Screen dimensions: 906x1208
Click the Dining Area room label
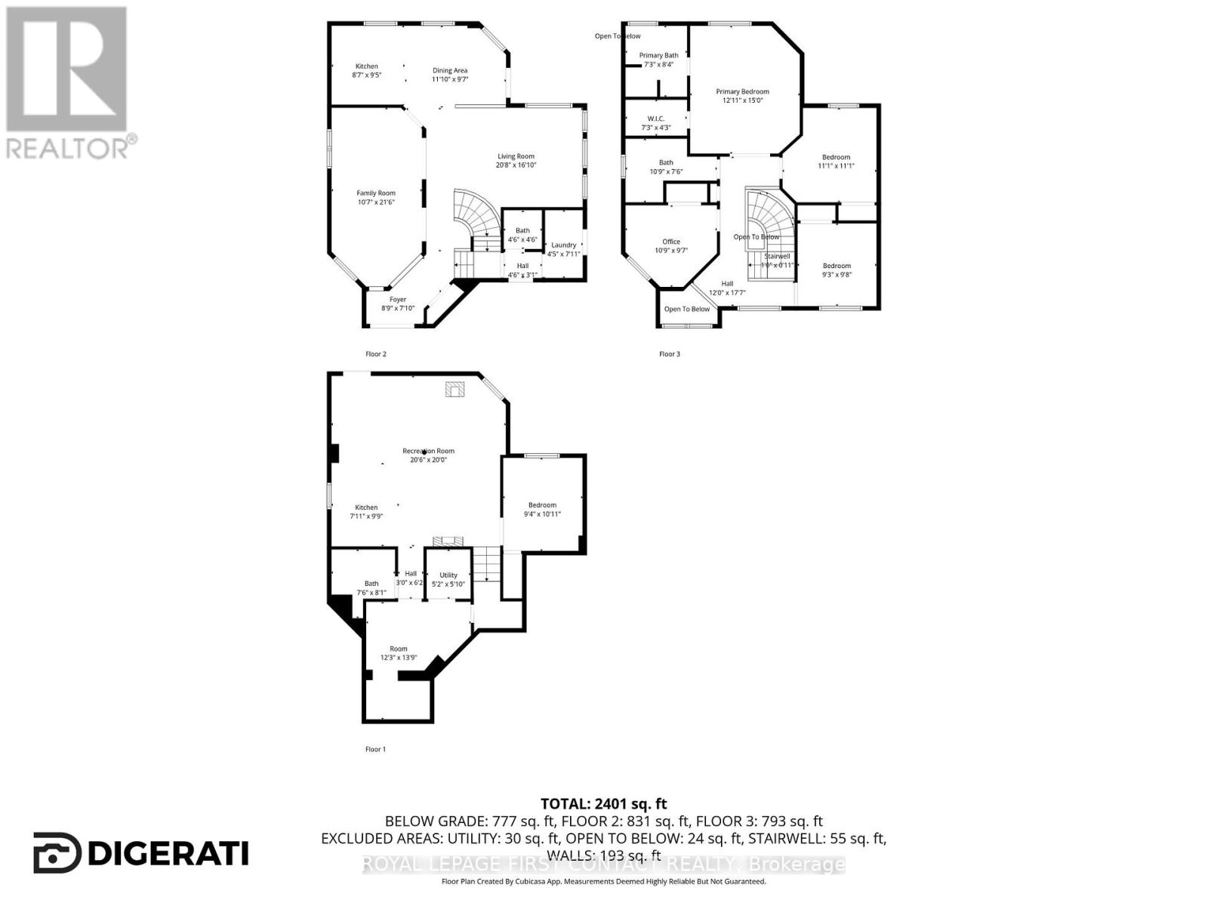click(x=449, y=70)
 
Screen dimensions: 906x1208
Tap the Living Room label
click(x=516, y=156)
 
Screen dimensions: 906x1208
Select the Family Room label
click(x=376, y=193)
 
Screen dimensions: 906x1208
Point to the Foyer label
click(x=398, y=300)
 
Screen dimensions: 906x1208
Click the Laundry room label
click(x=563, y=245)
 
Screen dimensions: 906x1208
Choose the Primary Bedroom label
click(x=742, y=91)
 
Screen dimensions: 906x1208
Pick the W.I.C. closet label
click(x=655, y=119)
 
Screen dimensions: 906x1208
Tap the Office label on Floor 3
click(x=671, y=242)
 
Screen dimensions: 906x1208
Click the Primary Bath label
click(x=658, y=55)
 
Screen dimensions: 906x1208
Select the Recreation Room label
click(x=428, y=451)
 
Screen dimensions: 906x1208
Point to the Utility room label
click(x=448, y=575)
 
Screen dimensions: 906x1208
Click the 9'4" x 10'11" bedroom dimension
click(x=542, y=514)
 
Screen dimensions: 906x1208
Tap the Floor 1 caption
click(x=375, y=749)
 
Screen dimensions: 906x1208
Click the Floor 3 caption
click(x=669, y=353)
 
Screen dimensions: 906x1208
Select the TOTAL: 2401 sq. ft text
click(x=603, y=804)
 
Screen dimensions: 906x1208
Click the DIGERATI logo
click(x=141, y=853)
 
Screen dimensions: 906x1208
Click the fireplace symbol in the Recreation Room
click(x=455, y=389)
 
